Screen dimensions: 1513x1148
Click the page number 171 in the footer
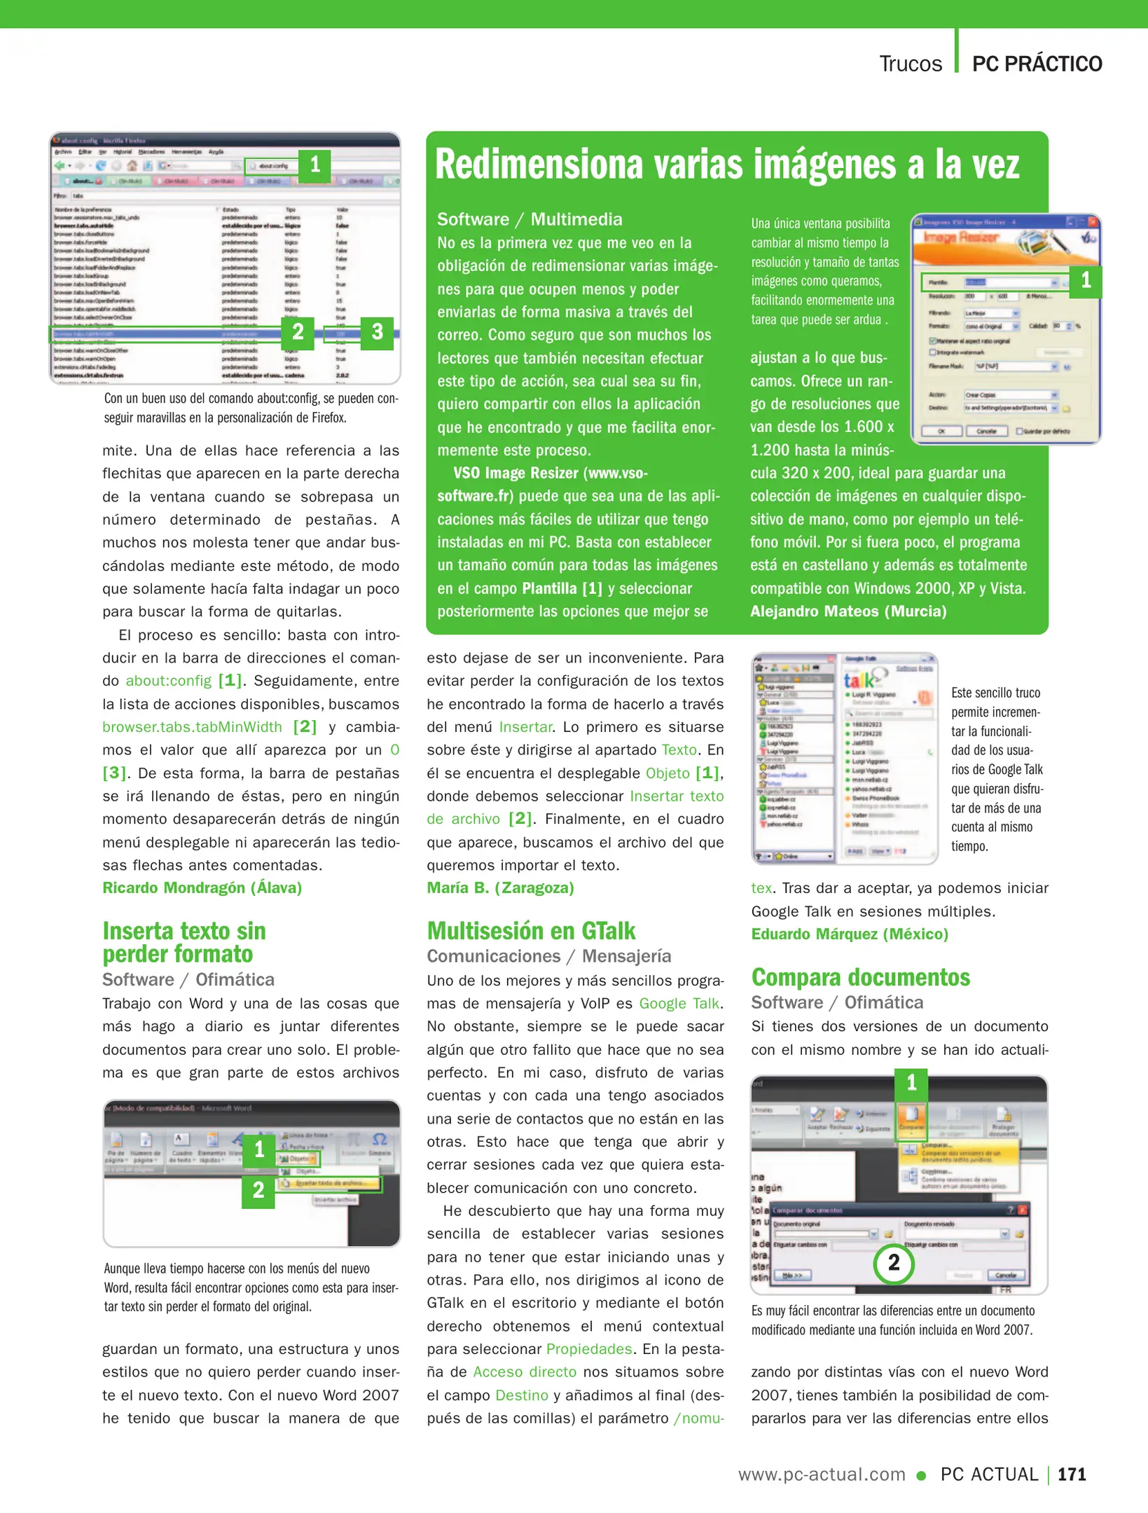point(1072,1474)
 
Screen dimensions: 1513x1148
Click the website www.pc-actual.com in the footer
point(822,1474)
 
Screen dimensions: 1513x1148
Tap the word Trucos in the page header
point(911,64)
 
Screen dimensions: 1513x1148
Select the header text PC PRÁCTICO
point(1037,64)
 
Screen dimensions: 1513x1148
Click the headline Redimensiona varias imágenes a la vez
point(727,165)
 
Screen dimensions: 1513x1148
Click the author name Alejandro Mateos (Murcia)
point(848,612)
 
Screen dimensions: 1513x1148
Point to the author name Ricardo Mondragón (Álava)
point(202,887)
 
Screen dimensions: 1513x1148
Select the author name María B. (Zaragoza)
point(500,887)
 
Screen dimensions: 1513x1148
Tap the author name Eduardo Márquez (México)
point(850,934)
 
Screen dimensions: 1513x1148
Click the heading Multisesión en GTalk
point(531,931)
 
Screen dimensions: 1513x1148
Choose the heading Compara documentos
point(860,977)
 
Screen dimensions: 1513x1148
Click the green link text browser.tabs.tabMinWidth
point(192,727)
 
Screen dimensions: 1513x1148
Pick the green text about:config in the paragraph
point(168,681)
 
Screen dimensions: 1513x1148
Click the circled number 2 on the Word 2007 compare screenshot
point(894,1263)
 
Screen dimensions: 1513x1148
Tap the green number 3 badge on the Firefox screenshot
point(377,332)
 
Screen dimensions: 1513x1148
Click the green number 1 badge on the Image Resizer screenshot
point(1085,281)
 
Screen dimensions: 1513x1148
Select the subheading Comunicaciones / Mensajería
point(548,956)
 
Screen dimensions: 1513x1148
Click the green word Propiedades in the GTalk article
point(589,1349)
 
